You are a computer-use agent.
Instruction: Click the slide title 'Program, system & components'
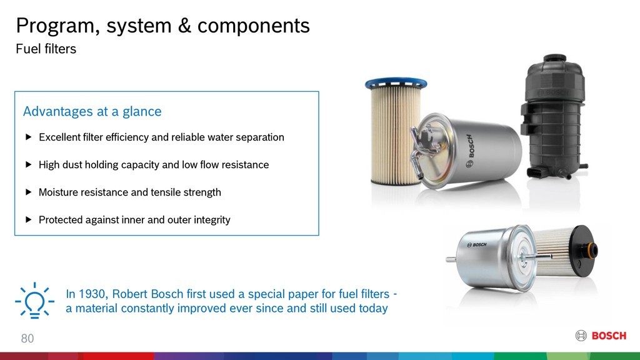162,26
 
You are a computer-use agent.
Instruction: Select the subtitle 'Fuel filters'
46,49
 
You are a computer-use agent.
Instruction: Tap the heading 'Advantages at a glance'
92,112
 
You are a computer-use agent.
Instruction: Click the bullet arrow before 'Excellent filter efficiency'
28,137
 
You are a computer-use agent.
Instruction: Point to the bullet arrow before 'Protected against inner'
28,220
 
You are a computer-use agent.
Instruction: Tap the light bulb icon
34,301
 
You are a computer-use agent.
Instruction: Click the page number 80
27,339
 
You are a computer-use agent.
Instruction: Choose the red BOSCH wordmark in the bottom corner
609,336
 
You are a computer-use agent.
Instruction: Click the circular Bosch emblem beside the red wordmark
581,336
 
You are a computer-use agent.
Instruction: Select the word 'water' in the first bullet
214,137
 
